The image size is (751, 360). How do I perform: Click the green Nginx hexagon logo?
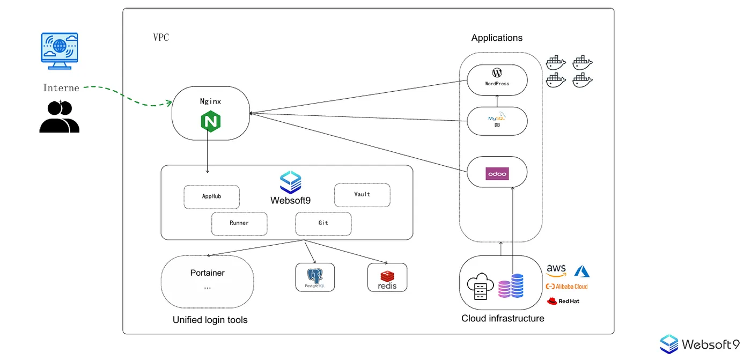coord(211,122)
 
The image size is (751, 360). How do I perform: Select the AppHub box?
coord(212,196)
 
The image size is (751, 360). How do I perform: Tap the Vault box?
coord(362,195)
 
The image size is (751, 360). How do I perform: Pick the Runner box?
coord(239,223)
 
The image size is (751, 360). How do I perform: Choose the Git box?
coord(323,223)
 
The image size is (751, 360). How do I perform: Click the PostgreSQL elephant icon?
coord(314,276)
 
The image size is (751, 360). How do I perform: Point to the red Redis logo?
coord(387,276)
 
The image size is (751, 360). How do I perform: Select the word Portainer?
coord(207,273)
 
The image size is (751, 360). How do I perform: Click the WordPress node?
coord(497,79)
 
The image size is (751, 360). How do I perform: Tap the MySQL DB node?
coord(497,121)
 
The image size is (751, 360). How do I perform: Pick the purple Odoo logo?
coord(497,174)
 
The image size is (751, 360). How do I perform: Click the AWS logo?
coord(556,270)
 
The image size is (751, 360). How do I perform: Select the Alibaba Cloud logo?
coord(566,286)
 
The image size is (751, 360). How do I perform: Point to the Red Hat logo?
coord(563,301)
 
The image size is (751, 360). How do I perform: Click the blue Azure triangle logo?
coord(581,271)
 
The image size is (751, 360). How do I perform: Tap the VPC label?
coord(161,38)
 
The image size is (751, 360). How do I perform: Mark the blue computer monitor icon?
coord(60,50)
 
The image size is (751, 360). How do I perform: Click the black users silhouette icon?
coord(59,116)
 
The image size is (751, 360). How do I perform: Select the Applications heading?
coord(497,38)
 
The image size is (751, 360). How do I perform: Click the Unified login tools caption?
coord(210,320)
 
